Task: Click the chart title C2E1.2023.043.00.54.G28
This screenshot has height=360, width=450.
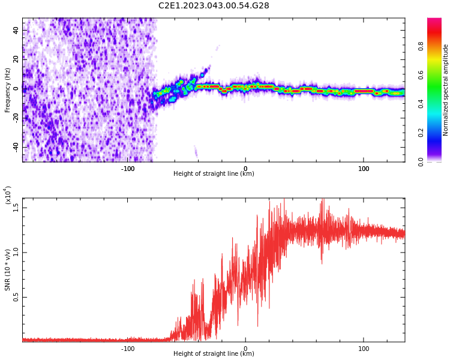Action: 214,5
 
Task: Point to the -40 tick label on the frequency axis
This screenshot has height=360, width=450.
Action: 13,147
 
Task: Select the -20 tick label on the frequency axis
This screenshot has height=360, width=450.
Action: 13,118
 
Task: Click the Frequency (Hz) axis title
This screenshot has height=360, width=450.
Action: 7,89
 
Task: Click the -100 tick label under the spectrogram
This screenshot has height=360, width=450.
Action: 128,169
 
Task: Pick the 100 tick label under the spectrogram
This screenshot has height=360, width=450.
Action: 364,169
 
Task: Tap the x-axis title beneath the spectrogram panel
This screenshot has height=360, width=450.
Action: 214,174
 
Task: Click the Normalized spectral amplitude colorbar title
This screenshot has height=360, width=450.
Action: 446,90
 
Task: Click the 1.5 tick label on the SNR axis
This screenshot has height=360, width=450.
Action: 16,208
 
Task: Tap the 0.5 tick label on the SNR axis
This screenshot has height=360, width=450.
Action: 16,298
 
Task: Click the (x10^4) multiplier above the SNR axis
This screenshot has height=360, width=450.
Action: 8,196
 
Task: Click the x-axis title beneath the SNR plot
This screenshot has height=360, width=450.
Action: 214,354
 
